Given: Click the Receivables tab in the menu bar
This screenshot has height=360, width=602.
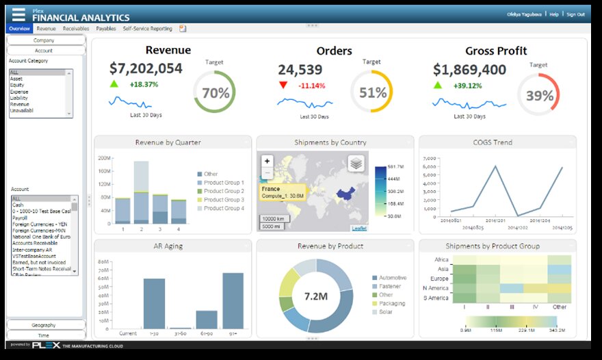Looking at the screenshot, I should pyautogui.click(x=75, y=29).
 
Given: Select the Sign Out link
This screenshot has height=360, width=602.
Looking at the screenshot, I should pyautogui.click(x=575, y=14).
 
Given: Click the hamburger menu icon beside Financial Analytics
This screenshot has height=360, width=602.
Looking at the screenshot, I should pyautogui.click(x=18, y=14).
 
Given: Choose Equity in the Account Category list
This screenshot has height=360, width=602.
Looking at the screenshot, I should pyautogui.click(x=16, y=84).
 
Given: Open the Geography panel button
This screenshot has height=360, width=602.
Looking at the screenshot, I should pyautogui.click(x=46, y=324).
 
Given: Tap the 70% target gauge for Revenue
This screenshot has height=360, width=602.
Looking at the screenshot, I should pyautogui.click(x=214, y=93).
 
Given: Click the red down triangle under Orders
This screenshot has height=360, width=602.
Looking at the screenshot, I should pyautogui.click(x=283, y=86).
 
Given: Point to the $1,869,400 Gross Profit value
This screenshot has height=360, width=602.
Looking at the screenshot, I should pyautogui.click(x=470, y=70).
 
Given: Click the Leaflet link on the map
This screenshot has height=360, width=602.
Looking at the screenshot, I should pyautogui.click(x=358, y=228).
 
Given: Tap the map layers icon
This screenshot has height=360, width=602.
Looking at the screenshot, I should pyautogui.click(x=355, y=164).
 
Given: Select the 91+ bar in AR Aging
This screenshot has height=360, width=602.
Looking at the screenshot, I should pyautogui.click(x=233, y=301).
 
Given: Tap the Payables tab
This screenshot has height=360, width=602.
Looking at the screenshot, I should pyautogui.click(x=106, y=29).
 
